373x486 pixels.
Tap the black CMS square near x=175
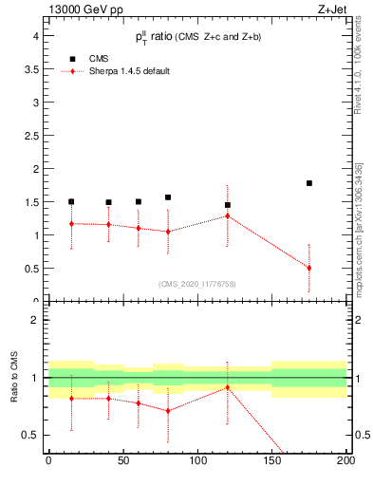tap(309, 183)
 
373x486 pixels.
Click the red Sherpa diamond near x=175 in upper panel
tap(309, 268)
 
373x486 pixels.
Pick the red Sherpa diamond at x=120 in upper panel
tap(227, 215)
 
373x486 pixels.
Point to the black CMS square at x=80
tap(168, 197)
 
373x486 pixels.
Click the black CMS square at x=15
tap(71, 201)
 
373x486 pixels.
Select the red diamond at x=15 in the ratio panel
tap(71, 399)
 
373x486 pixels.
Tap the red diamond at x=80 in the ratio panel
tap(168, 411)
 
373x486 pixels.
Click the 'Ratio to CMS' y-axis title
tap(14, 380)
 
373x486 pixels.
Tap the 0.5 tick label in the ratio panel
tap(32, 435)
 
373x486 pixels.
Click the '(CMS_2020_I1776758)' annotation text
tap(196, 283)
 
